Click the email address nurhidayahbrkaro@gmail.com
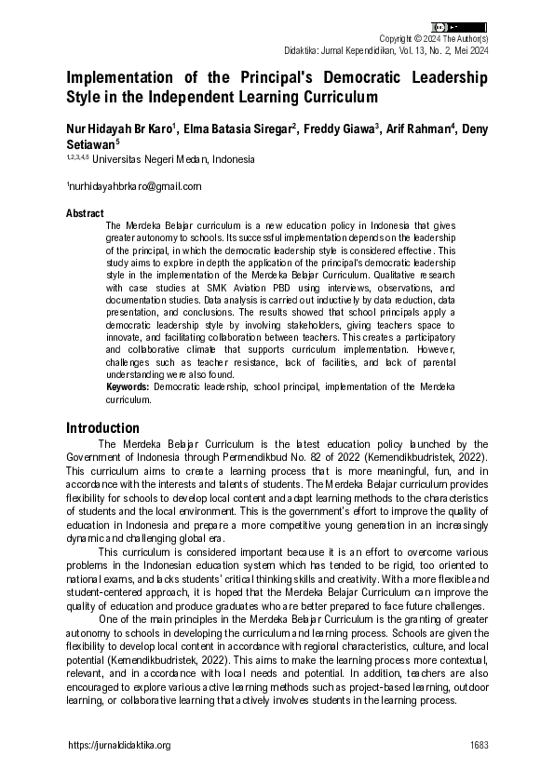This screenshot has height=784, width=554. click(x=135, y=186)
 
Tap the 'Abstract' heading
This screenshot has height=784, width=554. click(x=85, y=213)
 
